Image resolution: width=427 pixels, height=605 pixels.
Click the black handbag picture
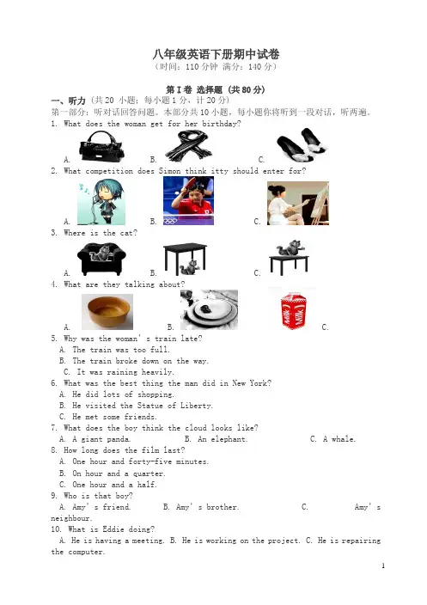click(101, 146)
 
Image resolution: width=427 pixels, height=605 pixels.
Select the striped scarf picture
click(188, 145)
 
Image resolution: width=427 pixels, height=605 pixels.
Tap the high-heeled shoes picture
click(302, 145)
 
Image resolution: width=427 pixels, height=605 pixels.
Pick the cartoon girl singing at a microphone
click(101, 202)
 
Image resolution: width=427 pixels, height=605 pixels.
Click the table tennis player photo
click(188, 200)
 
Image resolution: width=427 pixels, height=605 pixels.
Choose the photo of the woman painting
click(298, 203)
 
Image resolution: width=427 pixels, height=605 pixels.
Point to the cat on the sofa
click(101, 259)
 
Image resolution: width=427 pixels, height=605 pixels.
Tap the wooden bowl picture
click(107, 311)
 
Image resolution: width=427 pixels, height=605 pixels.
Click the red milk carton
click(294, 311)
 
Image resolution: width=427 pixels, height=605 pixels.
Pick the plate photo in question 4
click(209, 310)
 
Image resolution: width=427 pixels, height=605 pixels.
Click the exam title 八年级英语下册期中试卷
click(216, 54)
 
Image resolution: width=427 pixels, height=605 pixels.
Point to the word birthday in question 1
click(219, 124)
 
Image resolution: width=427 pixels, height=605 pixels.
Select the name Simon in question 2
click(170, 171)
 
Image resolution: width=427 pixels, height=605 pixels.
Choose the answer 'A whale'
click(339, 439)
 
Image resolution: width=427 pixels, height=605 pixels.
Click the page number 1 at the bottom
click(383, 565)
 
